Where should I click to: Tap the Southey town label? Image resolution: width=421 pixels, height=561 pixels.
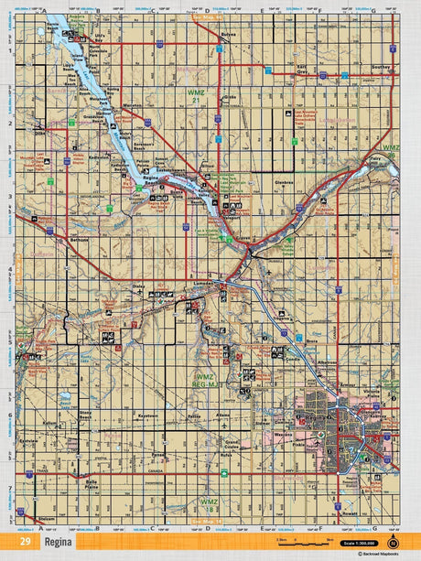tap(383, 67)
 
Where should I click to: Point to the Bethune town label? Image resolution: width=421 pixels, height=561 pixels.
tap(54, 239)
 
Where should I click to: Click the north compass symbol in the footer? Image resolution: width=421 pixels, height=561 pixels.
tap(394, 543)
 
